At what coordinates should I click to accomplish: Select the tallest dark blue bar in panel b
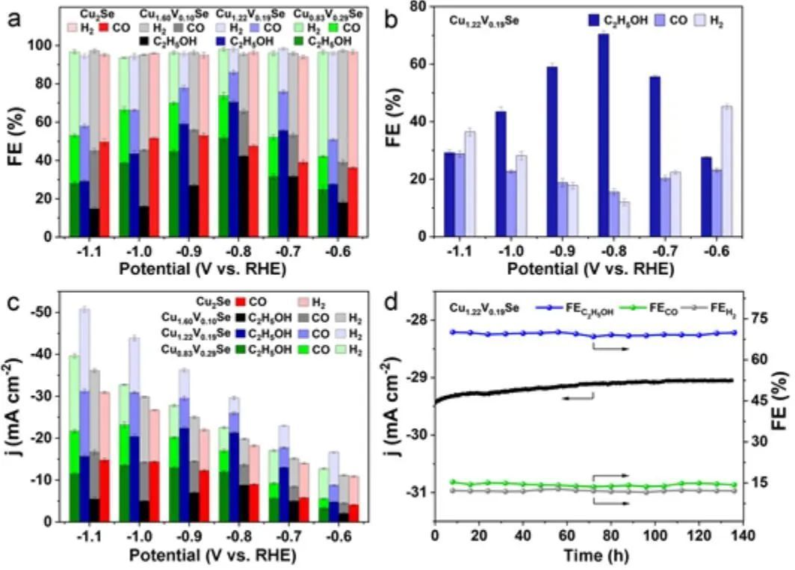(x=603, y=135)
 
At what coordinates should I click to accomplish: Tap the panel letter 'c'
(x=13, y=304)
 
